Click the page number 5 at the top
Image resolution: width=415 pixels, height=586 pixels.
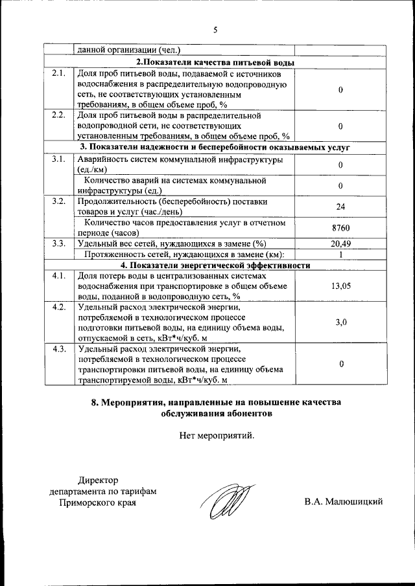pyautogui.click(x=215, y=29)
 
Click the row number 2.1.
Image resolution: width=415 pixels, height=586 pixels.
pyautogui.click(x=58, y=73)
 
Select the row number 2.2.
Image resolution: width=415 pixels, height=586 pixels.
pyautogui.click(x=58, y=115)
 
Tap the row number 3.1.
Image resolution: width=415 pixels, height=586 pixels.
pyautogui.click(x=58, y=159)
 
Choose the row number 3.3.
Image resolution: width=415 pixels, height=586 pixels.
pyautogui.click(x=58, y=243)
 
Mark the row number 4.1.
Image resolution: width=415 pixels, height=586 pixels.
pyautogui.click(x=58, y=276)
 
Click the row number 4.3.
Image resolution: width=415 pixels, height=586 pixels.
pyautogui.click(x=58, y=350)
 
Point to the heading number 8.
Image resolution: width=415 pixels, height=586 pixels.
pyautogui.click(x=95, y=401)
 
